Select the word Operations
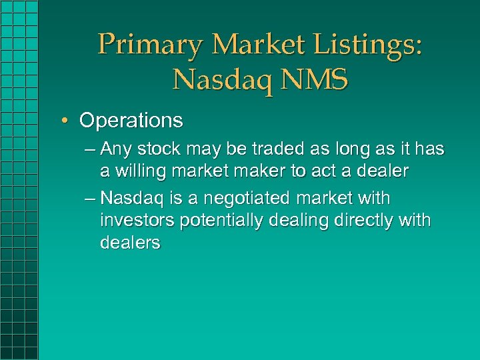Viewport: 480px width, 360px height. [x=131, y=121]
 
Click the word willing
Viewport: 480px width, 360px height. [x=141, y=171]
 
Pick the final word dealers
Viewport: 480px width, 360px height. [x=130, y=242]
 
